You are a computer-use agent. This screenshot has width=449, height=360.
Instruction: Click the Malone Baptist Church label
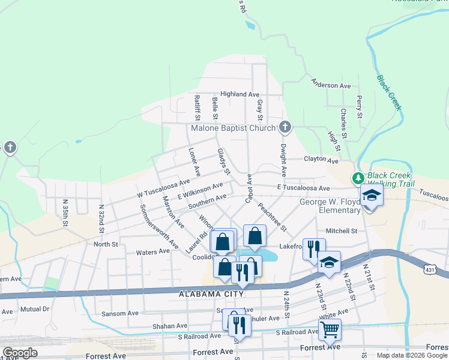233,128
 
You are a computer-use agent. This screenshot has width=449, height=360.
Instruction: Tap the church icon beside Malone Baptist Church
285,127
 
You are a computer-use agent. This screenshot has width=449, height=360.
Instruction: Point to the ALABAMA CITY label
211,294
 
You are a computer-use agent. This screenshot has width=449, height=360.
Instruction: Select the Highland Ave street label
240,94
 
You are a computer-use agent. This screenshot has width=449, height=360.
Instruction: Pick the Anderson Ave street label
331,85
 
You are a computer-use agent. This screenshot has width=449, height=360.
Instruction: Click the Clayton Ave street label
322,160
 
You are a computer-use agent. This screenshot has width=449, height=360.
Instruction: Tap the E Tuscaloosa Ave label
304,188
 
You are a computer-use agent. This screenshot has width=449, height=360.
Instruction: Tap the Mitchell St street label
341,230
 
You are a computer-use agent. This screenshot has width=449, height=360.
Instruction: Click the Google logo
20,353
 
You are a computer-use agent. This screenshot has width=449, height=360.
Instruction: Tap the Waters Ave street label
153,252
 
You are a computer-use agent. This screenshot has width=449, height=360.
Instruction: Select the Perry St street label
359,106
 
